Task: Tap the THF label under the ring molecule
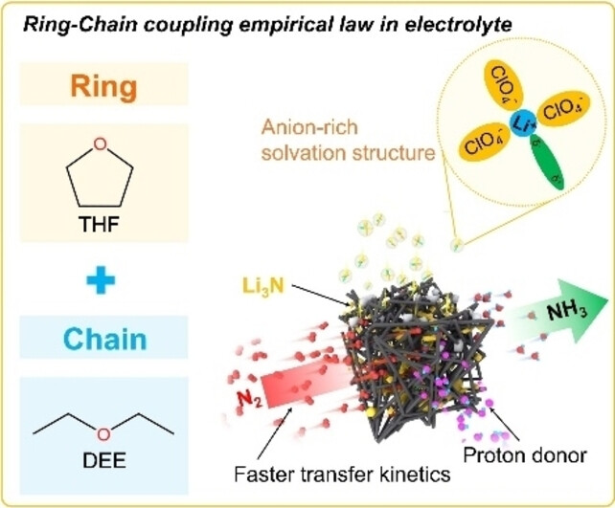pyautogui.click(x=102, y=231)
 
